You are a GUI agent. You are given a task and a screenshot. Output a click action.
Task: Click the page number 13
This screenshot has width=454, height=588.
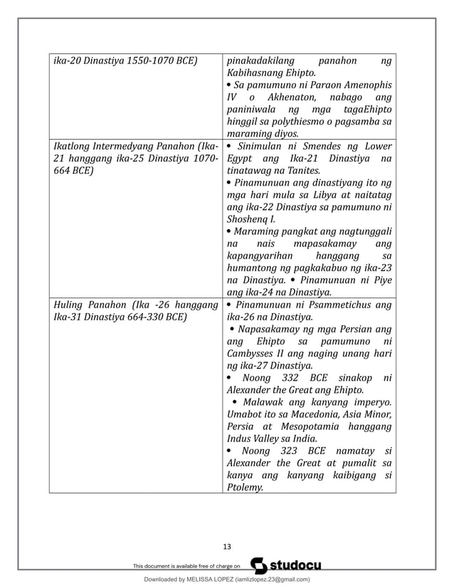227,547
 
